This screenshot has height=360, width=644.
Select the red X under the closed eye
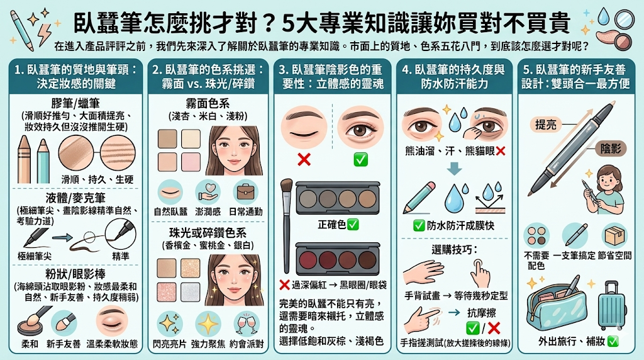304,159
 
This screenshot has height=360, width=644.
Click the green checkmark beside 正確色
353,224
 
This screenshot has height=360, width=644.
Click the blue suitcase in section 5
612,304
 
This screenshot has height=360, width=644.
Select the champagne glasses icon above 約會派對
247,323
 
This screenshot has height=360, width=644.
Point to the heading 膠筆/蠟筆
77,103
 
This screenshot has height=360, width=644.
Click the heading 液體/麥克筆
77,196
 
